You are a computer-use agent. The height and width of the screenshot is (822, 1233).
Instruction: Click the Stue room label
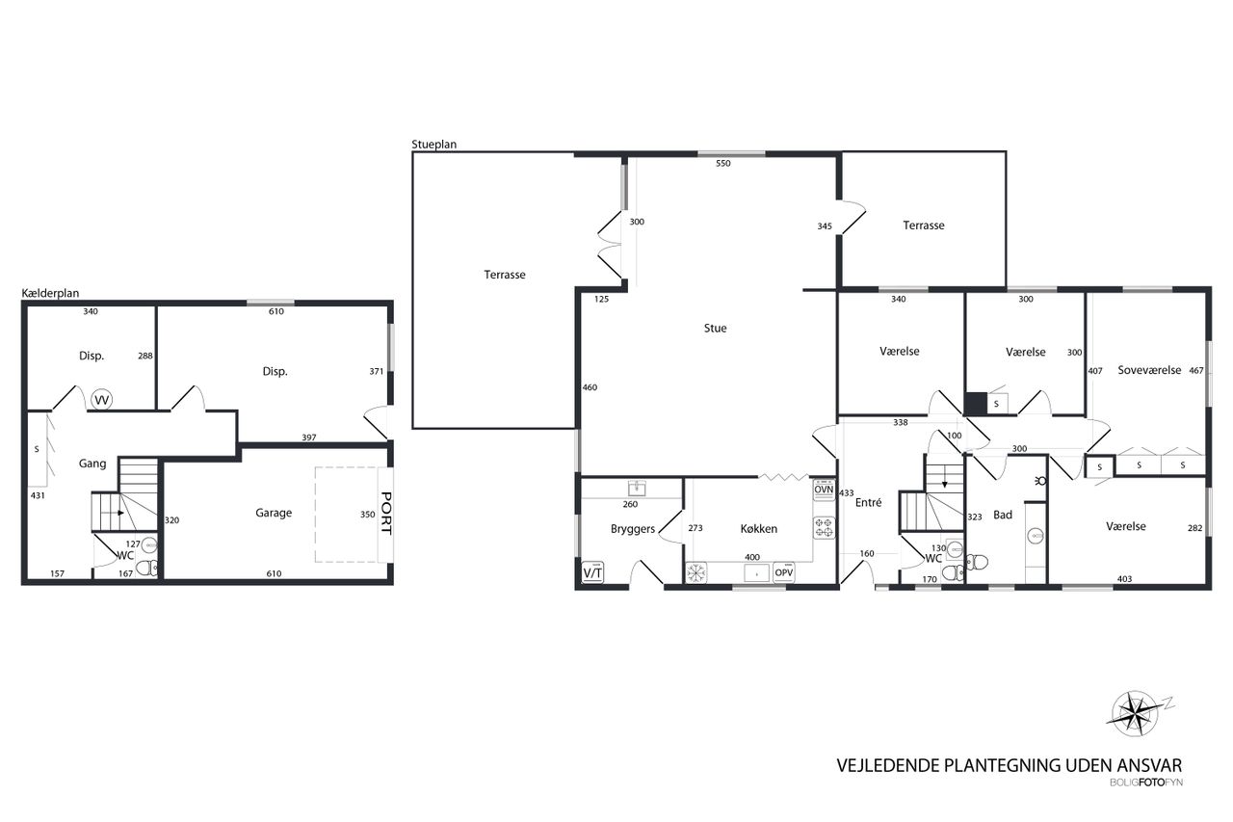pyautogui.click(x=715, y=329)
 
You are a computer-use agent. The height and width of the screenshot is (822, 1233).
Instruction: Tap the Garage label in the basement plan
pyautogui.click(x=274, y=513)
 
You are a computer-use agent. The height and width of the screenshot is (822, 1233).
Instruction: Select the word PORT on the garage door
pyautogui.click(x=386, y=513)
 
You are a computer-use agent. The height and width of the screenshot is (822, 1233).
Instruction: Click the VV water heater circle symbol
pyautogui.click(x=102, y=400)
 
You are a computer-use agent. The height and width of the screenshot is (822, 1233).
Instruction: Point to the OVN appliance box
pyautogui.click(x=824, y=490)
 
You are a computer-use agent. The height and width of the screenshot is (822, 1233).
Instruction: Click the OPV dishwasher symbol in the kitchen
pyautogui.click(x=784, y=572)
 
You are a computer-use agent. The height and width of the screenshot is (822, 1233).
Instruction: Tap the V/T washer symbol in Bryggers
pyautogui.click(x=592, y=572)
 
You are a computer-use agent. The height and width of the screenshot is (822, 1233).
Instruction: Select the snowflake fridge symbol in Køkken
pyautogui.click(x=696, y=572)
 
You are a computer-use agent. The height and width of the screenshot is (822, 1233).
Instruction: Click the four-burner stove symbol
pyautogui.click(x=824, y=527)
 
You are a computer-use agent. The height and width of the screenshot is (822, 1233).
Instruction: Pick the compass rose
pyautogui.click(x=1135, y=714)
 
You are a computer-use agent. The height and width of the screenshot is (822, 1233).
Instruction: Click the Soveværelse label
pyautogui.click(x=1149, y=371)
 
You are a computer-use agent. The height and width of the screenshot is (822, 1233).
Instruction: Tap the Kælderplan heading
pyautogui.click(x=50, y=294)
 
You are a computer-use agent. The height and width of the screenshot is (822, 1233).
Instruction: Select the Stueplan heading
pyautogui.click(x=434, y=145)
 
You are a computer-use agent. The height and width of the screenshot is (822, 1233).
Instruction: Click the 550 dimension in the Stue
pyautogui.click(x=723, y=164)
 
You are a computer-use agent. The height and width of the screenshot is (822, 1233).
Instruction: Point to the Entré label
pyautogui.click(x=869, y=503)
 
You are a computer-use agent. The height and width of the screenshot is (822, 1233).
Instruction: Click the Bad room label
pyautogui.click(x=1003, y=515)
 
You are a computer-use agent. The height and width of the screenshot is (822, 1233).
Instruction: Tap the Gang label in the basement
pyautogui.click(x=92, y=464)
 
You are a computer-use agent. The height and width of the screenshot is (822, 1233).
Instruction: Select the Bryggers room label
pyautogui.click(x=633, y=529)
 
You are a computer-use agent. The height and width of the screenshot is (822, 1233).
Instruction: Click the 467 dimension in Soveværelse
pyautogui.click(x=1196, y=371)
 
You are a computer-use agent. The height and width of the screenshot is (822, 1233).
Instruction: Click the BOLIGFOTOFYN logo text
pyautogui.click(x=1146, y=782)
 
